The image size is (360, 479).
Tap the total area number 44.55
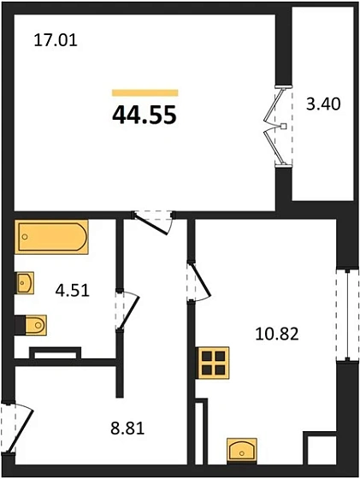(x=145, y=115)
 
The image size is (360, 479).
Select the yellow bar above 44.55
(x=145, y=92)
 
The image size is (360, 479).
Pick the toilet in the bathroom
(x=32, y=325)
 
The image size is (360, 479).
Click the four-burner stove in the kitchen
(x=214, y=364)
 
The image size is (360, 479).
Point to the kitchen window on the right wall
(x=345, y=312)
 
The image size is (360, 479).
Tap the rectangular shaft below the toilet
(x=55, y=352)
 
